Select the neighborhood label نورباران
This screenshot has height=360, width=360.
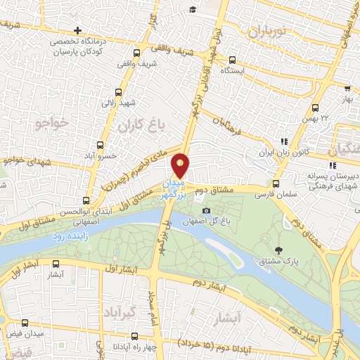[x=268, y=30]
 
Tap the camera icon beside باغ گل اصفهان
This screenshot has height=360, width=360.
[x=206, y=210]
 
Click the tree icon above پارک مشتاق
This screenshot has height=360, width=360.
[x=279, y=250]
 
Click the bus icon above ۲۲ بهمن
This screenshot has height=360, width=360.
[x=315, y=108]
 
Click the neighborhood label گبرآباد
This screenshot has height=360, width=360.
[x=123, y=310]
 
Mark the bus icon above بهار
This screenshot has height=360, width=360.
[x=347, y=88]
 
